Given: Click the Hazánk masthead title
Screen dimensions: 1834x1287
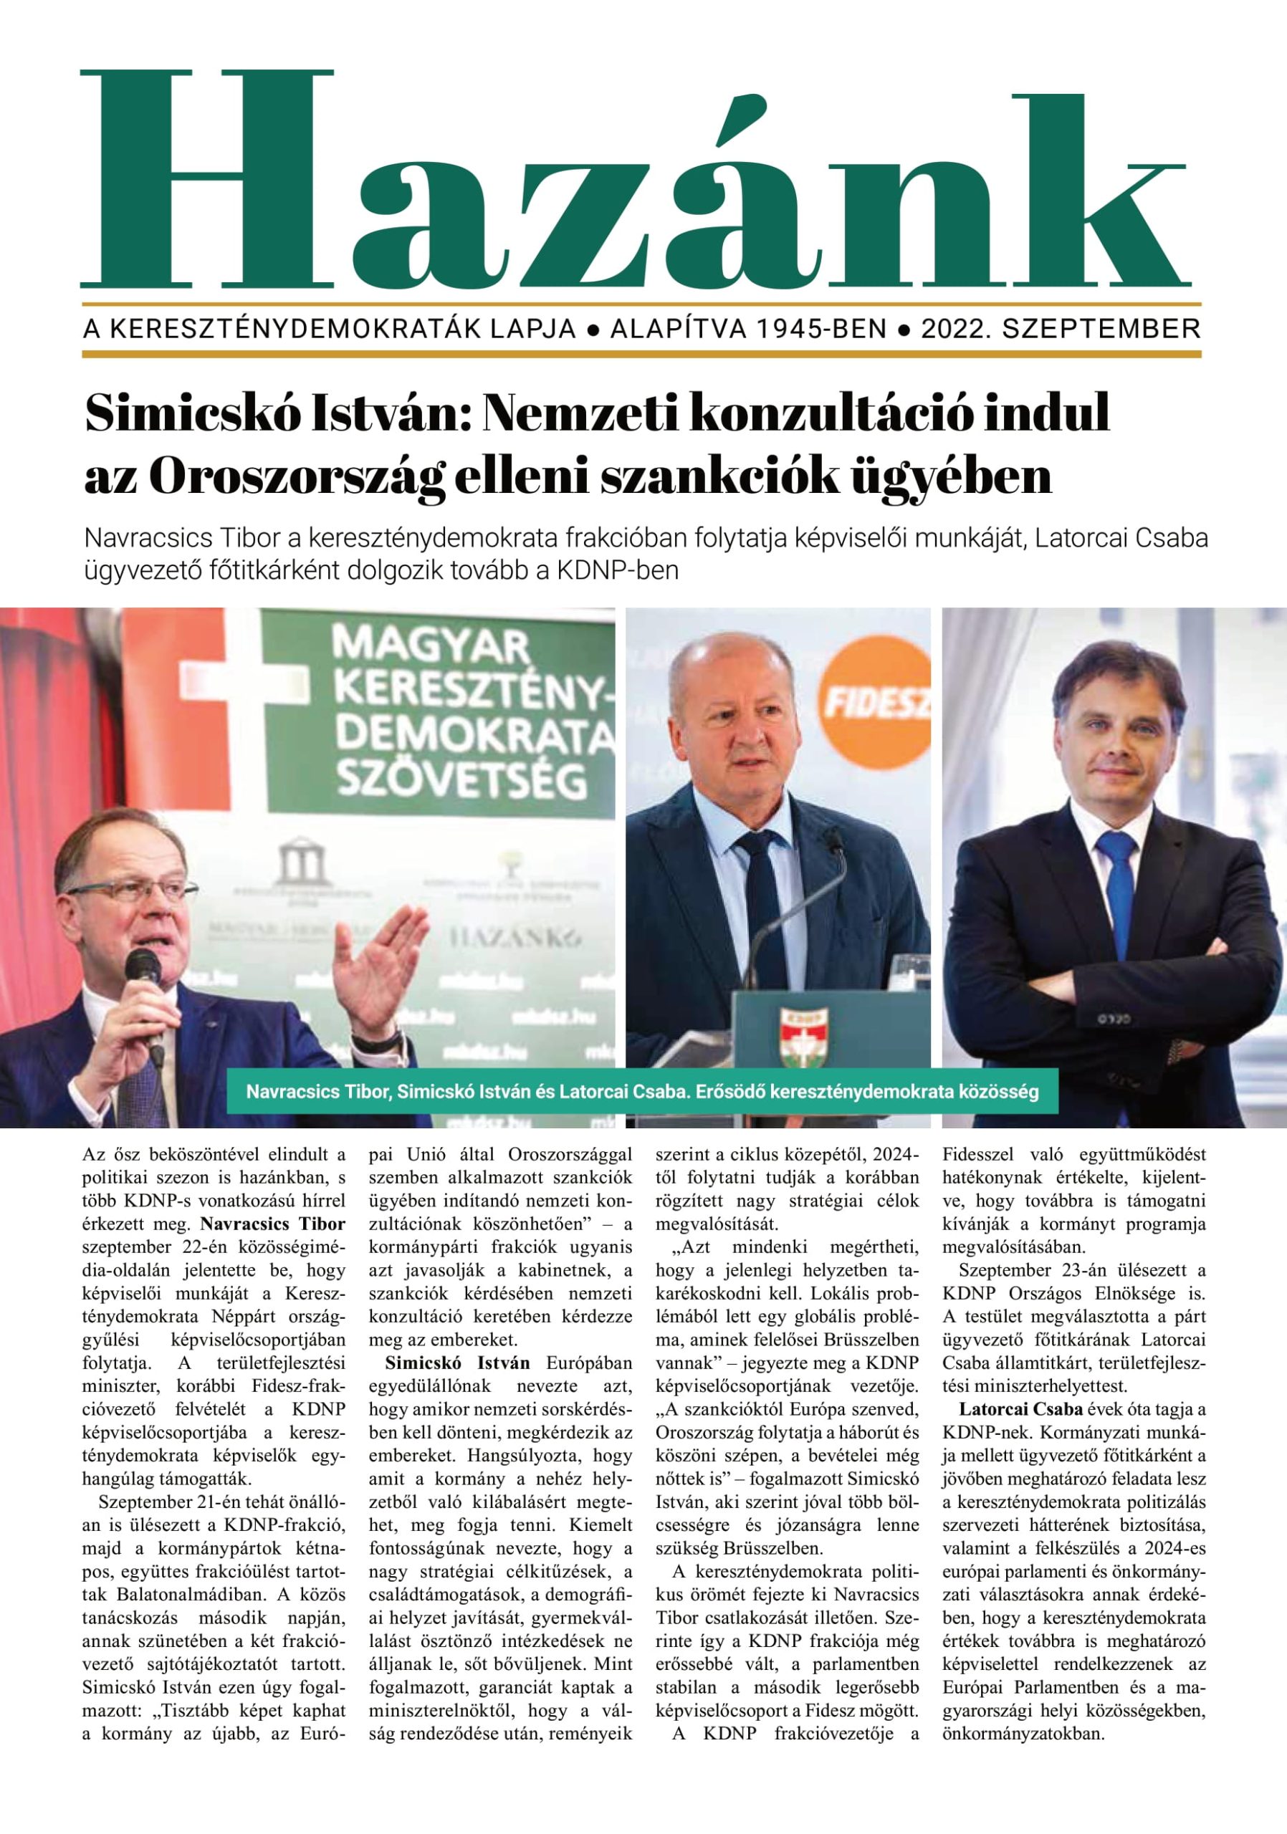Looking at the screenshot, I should click(x=635, y=180).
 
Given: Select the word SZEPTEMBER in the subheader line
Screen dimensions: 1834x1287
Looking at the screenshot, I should click(x=1101, y=329).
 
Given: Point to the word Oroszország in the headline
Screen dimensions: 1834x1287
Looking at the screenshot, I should click(x=295, y=476).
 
